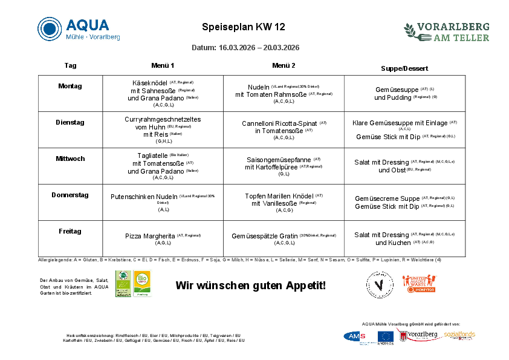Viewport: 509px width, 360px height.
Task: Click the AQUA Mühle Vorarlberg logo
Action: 79,29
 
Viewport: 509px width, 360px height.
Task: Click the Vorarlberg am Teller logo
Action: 446,32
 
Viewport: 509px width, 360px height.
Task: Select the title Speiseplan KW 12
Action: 243,27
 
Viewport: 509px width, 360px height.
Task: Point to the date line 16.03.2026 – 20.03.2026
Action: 245,48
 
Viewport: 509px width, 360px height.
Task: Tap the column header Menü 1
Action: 163,65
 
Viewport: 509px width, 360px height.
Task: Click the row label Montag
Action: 70,86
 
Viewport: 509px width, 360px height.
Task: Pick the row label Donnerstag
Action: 70,195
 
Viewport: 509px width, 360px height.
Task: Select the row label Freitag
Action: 70,231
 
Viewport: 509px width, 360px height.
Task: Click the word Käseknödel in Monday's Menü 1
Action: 149,83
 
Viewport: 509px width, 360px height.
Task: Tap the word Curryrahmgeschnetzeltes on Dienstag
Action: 163,119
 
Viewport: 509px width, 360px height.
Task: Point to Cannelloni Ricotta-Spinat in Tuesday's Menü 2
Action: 279,123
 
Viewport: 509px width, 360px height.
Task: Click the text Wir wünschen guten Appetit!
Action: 250,285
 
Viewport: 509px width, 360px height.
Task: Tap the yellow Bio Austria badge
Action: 142,283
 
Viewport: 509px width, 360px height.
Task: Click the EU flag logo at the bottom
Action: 386,336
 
